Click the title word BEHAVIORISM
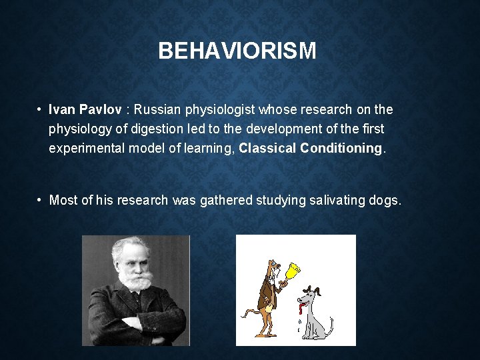click(237, 51)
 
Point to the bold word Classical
click(268, 148)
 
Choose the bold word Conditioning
click(341, 148)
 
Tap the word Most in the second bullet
click(63, 200)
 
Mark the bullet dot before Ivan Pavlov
click(41, 109)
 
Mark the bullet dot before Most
click(41, 200)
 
